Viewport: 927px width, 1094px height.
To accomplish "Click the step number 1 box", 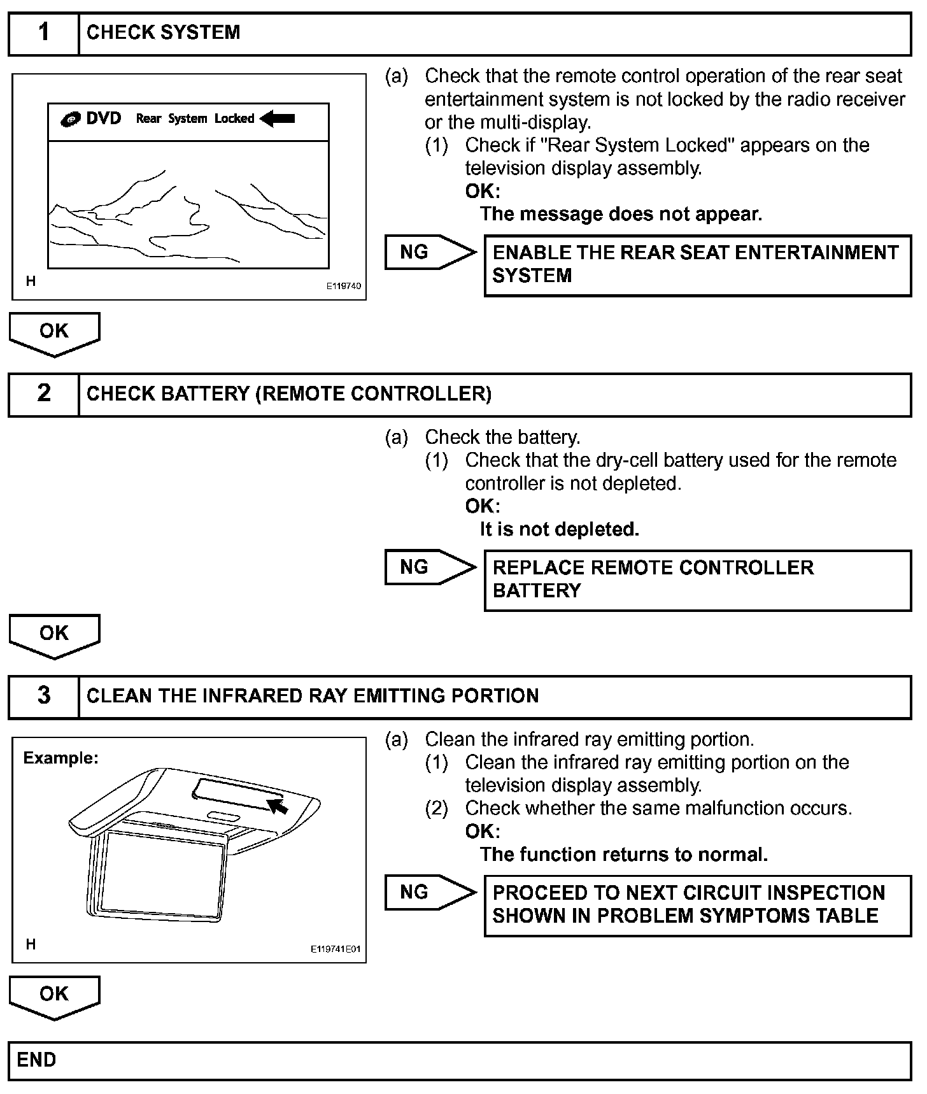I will point(43,33).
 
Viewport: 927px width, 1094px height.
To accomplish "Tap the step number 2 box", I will point(43,394).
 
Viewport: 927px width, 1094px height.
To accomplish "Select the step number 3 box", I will point(43,696).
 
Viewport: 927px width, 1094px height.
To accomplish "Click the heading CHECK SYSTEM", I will point(163,33).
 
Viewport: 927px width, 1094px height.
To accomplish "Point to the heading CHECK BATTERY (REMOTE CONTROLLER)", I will point(288,394).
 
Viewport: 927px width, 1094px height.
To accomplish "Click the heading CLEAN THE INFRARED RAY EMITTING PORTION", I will point(313,696).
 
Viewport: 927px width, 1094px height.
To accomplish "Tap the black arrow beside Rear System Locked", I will point(278,118).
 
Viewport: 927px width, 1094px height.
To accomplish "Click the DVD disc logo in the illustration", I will point(70,119).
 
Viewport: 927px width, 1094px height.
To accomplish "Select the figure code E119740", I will point(344,287).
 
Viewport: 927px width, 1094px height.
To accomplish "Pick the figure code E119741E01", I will point(336,949).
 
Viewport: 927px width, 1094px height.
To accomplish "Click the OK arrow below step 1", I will point(54,332).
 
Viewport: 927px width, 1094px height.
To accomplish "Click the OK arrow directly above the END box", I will point(54,995).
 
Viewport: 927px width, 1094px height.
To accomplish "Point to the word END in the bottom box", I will point(36,1060).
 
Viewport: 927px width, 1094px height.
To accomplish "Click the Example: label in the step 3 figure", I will point(60,758).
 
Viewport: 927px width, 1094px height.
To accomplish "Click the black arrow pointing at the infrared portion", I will point(278,806).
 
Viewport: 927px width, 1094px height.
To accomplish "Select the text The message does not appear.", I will point(621,214).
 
